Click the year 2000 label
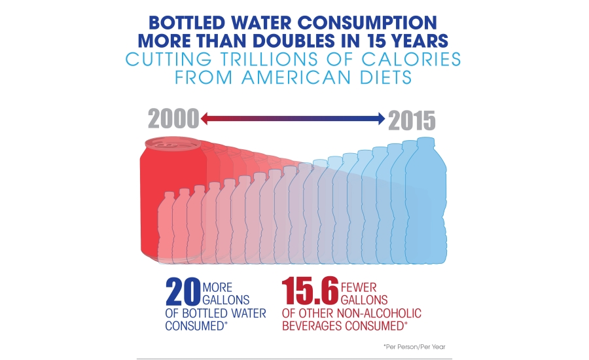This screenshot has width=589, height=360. (173, 120)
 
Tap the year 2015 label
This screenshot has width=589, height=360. (412, 120)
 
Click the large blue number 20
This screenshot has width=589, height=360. (183, 292)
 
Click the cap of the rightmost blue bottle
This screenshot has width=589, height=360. (425, 142)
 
